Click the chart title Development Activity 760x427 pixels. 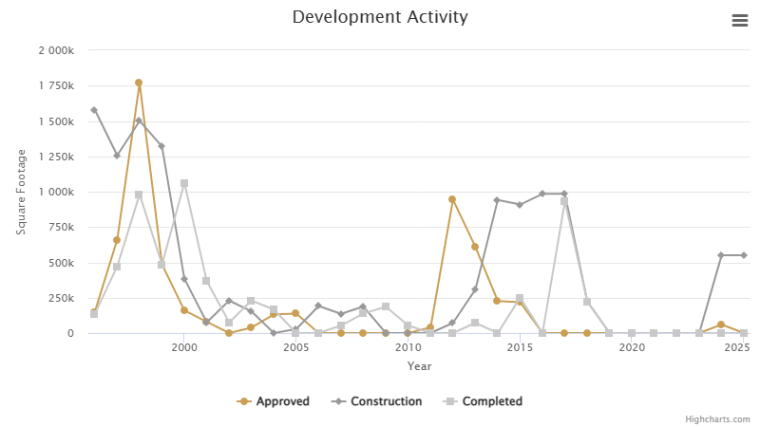(x=380, y=17)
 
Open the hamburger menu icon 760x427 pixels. (x=739, y=21)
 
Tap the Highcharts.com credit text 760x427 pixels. (x=717, y=418)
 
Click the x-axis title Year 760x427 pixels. (x=419, y=366)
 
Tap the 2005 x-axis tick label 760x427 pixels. (x=295, y=348)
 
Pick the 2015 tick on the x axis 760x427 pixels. (x=520, y=348)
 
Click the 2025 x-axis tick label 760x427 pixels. (x=737, y=348)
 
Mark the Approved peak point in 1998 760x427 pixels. (x=139, y=83)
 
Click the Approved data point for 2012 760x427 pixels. (x=452, y=199)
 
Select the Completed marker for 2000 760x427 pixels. (x=184, y=183)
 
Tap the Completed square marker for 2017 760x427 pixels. (x=564, y=201)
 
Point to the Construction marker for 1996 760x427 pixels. (x=94, y=110)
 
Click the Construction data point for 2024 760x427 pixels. (x=721, y=255)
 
